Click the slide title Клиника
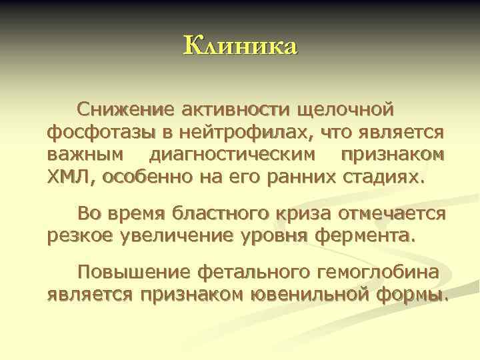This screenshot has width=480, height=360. (x=240, y=47)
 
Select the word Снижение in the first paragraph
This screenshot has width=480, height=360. (x=124, y=109)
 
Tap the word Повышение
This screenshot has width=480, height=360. (x=134, y=272)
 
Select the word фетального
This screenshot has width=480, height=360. (x=251, y=272)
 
